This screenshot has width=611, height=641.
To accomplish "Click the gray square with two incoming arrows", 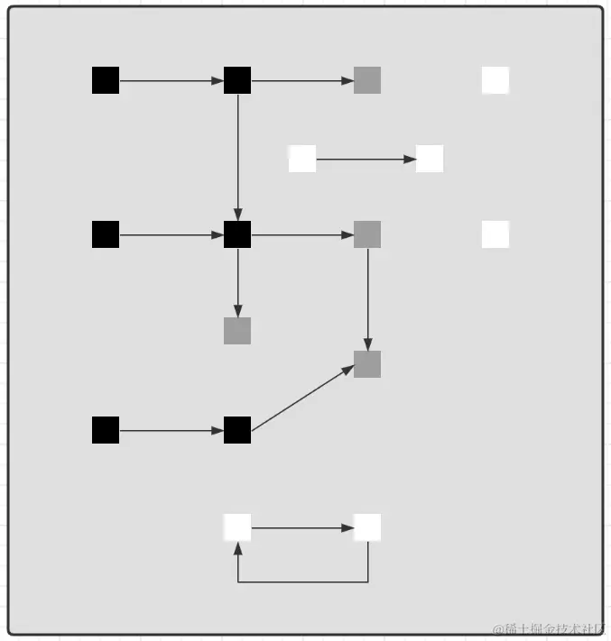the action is [x=367, y=364].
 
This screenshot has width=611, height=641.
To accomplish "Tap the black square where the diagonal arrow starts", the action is [x=237, y=430].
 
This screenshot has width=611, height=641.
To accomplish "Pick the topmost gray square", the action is [x=367, y=80].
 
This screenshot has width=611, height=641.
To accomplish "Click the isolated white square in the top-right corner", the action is [x=495, y=80].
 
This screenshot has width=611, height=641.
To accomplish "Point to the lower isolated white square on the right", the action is [x=495, y=234].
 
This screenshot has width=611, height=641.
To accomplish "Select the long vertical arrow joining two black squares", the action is [x=237, y=158].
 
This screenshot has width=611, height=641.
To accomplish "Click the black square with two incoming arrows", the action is [x=237, y=234].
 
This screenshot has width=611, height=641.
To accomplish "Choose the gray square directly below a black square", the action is [x=237, y=331].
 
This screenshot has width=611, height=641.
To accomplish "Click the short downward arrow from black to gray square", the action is [x=237, y=283].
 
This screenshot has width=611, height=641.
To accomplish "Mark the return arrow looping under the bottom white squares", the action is [x=303, y=581].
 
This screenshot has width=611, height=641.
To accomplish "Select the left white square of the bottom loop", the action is [x=237, y=527].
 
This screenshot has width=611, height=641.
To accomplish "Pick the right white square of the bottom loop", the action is [x=367, y=527].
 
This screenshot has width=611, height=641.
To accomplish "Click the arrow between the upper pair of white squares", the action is [x=366, y=159].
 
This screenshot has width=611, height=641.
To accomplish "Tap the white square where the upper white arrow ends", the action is [x=430, y=159].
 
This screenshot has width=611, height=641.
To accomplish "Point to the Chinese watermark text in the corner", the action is [x=550, y=628].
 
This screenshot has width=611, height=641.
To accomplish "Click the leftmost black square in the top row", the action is [x=106, y=80].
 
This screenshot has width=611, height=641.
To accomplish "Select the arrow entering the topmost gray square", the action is [x=302, y=80].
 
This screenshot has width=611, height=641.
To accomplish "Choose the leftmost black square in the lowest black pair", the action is [x=106, y=430].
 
